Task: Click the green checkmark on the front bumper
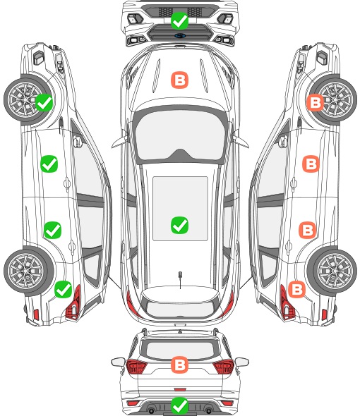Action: pyautogui.click(x=179, y=20)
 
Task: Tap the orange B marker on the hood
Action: pyautogui.click(x=179, y=80)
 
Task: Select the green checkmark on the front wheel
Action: pyautogui.click(x=44, y=102)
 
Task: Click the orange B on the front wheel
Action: pyautogui.click(x=316, y=102)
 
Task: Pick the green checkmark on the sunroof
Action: pyautogui.click(x=179, y=225)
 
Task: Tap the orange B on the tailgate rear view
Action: pyautogui.click(x=179, y=365)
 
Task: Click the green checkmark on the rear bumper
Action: pyautogui.click(x=179, y=405)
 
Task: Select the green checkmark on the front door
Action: pyautogui.click(x=49, y=164)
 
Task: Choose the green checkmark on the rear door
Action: pyautogui.click(x=53, y=230)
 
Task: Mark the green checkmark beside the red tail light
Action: pyautogui.click(x=64, y=289)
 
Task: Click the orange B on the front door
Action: pyautogui.click(x=311, y=164)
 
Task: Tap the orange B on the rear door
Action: pyautogui.click(x=308, y=230)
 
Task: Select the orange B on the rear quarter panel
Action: pyautogui.click(x=296, y=289)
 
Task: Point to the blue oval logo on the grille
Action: pyautogui.click(x=180, y=35)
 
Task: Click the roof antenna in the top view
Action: pyautogui.click(x=180, y=279)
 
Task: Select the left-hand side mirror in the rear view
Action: pyautogui.click(x=118, y=362)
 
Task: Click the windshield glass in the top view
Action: pyautogui.click(x=180, y=135)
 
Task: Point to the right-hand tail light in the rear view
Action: pyautogui.click(x=224, y=366)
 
